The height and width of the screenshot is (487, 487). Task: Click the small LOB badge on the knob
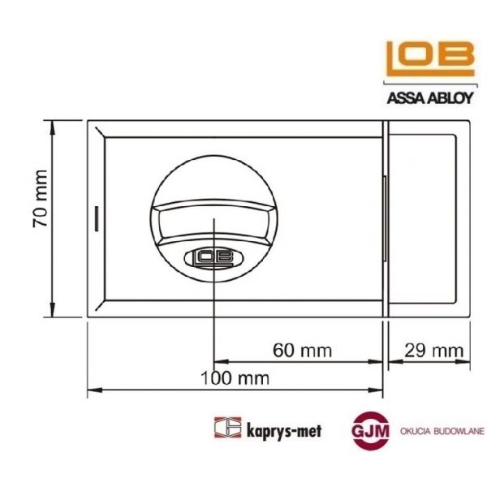click(213, 258)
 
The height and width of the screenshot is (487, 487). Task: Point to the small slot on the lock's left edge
click(94, 218)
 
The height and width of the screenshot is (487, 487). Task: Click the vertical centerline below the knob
click(213, 317)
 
